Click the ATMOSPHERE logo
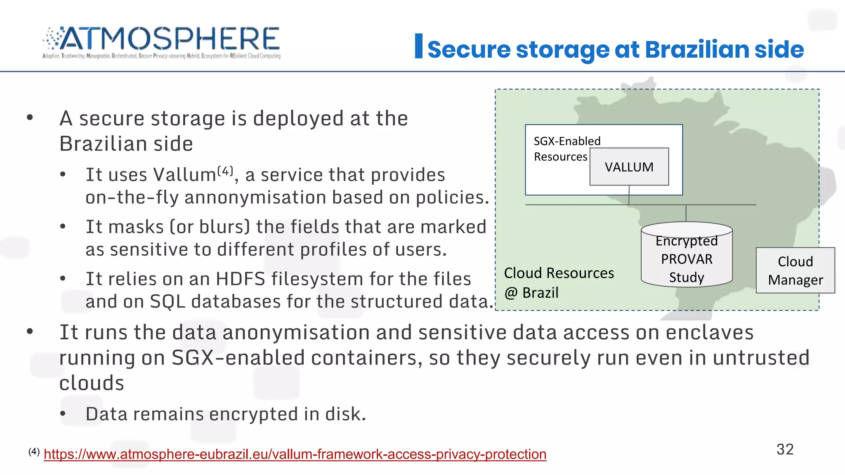click(x=161, y=42)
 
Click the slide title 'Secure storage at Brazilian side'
click(x=615, y=49)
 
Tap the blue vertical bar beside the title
click(x=418, y=46)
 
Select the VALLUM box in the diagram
click(x=629, y=167)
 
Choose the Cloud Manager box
click(x=795, y=270)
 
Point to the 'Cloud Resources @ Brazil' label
click(x=559, y=282)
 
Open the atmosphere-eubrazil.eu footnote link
click(x=295, y=454)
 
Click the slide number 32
click(x=785, y=449)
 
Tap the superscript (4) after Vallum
click(x=225, y=170)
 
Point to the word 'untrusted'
click(x=761, y=357)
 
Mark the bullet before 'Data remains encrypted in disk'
click(x=63, y=414)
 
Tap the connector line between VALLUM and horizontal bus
click(x=629, y=195)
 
